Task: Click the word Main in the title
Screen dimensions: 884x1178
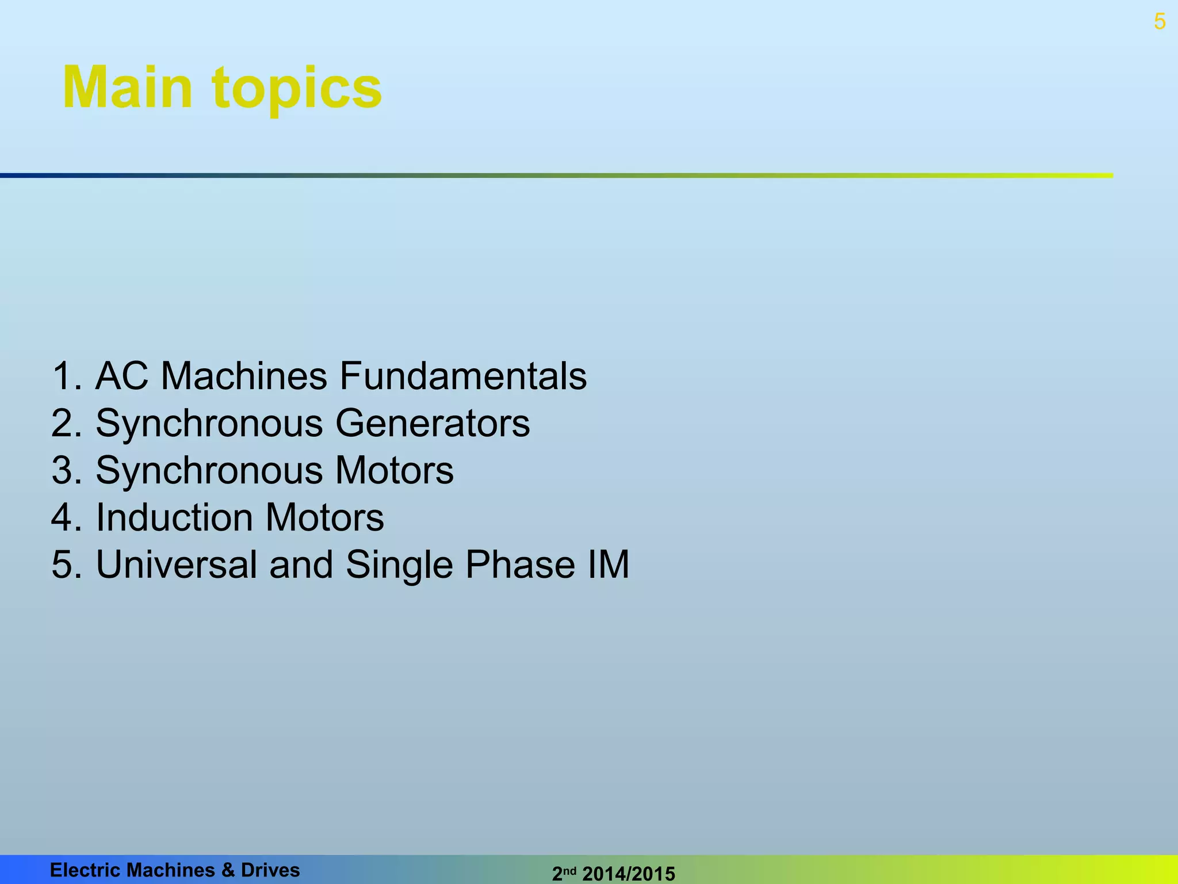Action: pyautogui.click(x=127, y=87)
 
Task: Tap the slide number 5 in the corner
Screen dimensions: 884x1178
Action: pyautogui.click(x=1160, y=22)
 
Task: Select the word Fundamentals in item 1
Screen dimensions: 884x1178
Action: pyautogui.click(x=463, y=376)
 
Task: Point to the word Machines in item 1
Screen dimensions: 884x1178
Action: pyautogui.click(x=244, y=376)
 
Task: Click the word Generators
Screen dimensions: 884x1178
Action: pyautogui.click(x=432, y=424)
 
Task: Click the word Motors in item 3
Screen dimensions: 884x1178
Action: pyautogui.click(x=394, y=471)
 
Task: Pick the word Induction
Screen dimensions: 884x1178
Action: pyautogui.click(x=174, y=517)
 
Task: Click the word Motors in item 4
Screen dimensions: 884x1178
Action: pyautogui.click(x=324, y=517)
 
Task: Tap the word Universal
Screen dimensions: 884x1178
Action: pyautogui.click(x=177, y=564)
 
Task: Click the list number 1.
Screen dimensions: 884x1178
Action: pyautogui.click(x=62, y=376)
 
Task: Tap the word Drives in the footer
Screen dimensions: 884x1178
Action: pyautogui.click(x=270, y=870)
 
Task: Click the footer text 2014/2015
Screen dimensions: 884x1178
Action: pyautogui.click(x=629, y=874)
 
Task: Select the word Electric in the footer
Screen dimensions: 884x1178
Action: pyautogui.click(x=85, y=870)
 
